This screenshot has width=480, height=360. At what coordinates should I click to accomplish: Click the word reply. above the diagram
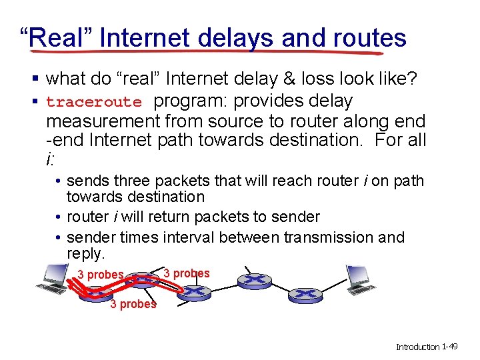coord(86,254)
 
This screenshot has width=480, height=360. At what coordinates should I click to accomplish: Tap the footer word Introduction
coord(418,347)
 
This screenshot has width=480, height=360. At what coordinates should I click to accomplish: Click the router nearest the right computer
coord(304,293)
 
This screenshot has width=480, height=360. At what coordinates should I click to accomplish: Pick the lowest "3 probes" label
coord(133,305)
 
